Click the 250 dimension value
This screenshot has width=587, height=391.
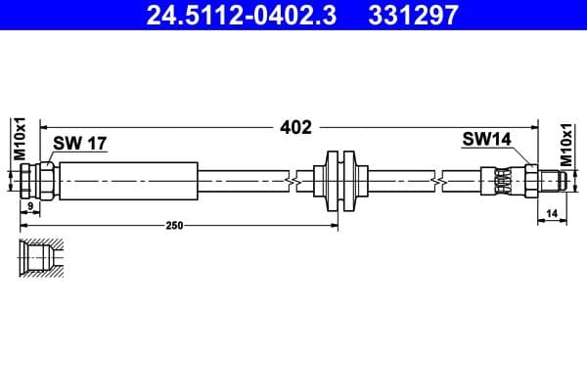click(174, 226)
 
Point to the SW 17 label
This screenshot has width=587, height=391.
click(79, 144)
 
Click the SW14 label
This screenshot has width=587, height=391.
click(486, 140)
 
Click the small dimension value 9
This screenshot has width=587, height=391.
click(30, 207)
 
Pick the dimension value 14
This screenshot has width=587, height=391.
click(552, 212)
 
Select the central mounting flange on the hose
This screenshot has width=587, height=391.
click(339, 180)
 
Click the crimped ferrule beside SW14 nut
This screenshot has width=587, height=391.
click(501, 180)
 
